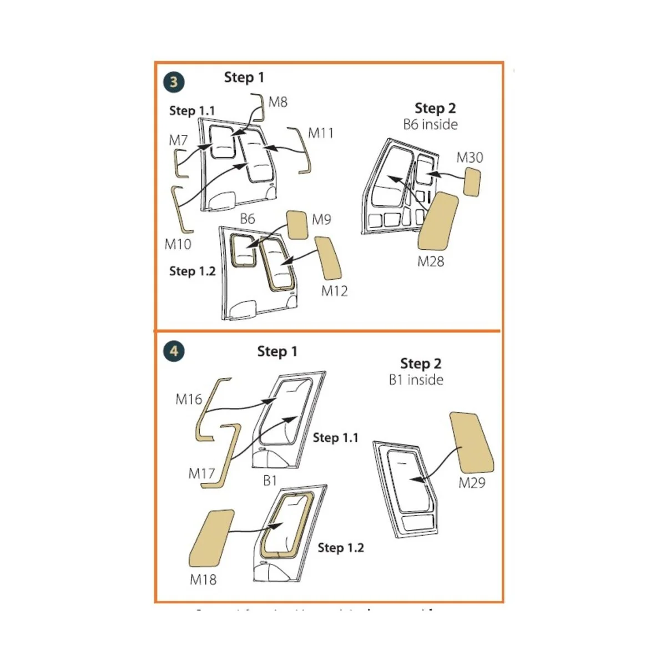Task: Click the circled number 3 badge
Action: pos(174,82)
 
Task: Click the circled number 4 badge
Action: pos(174,351)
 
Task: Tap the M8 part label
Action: pos(278,102)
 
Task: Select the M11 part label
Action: pos(321,133)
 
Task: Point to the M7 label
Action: pos(178,140)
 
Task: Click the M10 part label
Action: pos(178,244)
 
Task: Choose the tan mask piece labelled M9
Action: pos(297,225)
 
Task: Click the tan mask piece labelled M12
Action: pos(328,258)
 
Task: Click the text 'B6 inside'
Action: pos(431,124)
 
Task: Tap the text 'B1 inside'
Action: pos(416,380)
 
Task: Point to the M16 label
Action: pos(189,399)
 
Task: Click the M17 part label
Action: pos(201,473)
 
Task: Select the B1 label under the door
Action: pos(270,481)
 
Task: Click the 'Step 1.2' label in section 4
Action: pos(341,548)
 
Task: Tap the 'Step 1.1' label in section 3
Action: pos(192,111)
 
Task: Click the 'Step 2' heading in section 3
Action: pos(435,108)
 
